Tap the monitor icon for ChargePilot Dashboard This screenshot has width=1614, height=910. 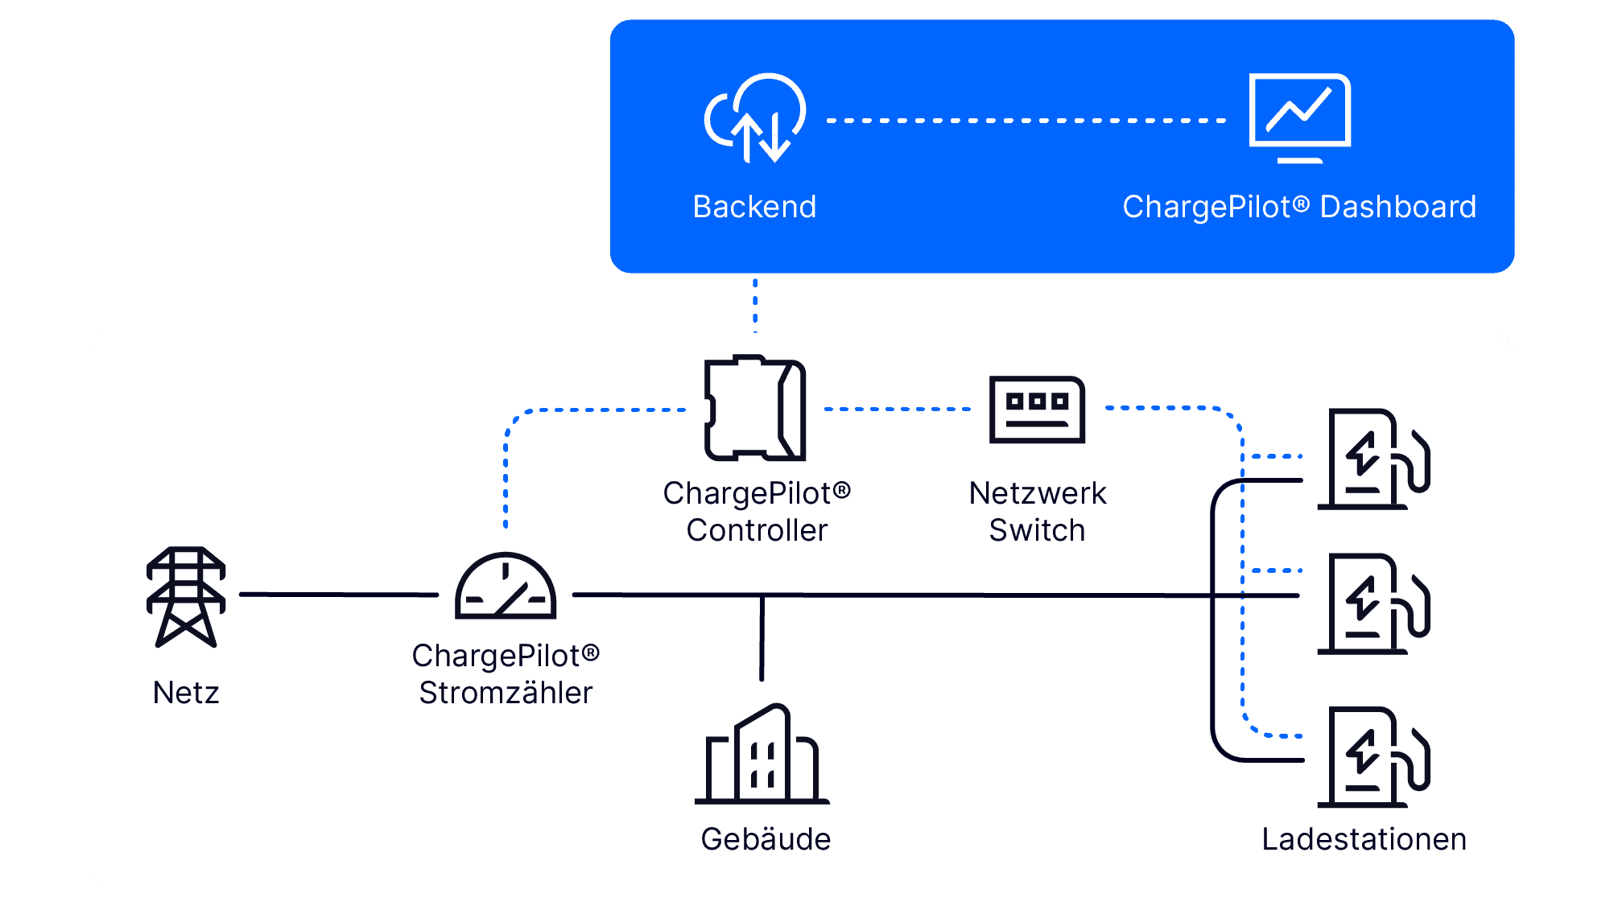1299,117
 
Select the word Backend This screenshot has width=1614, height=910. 754,207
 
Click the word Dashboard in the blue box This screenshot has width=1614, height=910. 1398,207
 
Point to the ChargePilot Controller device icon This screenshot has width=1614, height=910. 755,408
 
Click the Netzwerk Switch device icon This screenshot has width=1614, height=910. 1037,409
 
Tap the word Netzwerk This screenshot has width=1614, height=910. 1037,493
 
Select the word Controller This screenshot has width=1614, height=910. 757,530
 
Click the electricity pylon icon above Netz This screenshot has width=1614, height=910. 186,596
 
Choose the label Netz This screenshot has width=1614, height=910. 186,693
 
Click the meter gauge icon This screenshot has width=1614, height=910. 506,587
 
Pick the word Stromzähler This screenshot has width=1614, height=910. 506,693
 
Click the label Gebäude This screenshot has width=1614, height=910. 766,839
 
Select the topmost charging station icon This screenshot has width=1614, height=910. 1373,459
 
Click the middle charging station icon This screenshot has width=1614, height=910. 1373,604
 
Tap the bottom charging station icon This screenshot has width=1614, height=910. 1373,757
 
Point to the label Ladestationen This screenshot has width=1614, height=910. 1364,839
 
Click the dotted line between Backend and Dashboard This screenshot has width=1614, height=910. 1026,121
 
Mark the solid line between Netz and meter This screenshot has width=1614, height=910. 339,595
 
